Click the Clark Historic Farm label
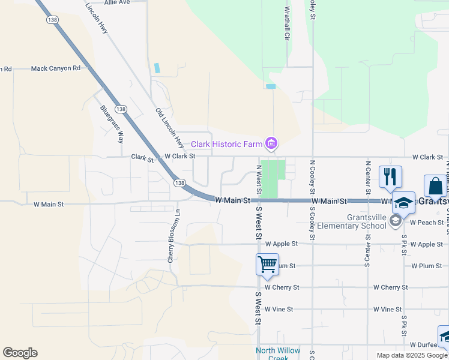pyautogui.click(x=227, y=144)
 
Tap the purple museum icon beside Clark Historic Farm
pyautogui.click(x=271, y=143)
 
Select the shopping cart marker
pyautogui.click(x=267, y=263)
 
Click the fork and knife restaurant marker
pyautogui.click(x=390, y=176)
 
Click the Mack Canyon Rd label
pyautogui.click(x=55, y=68)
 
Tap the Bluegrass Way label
pyautogui.click(x=112, y=124)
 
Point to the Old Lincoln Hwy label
pyautogui.click(x=169, y=128)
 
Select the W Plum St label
pyautogui.click(x=427, y=266)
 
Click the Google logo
pyautogui.click(x=20, y=353)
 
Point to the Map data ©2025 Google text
pyautogui.click(x=411, y=355)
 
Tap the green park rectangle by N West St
pyautogui.click(x=273, y=179)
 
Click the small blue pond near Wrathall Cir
pyautogui.click(x=271, y=86)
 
